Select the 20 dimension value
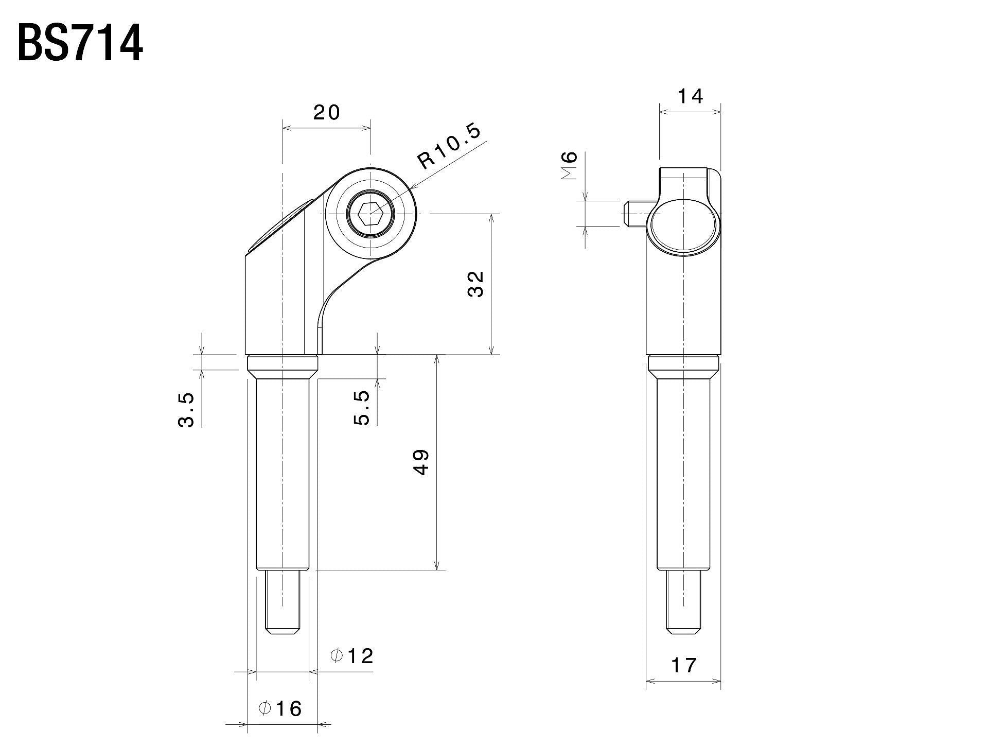tap(327, 112)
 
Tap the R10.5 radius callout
tap(449, 146)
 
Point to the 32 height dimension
tap(476, 284)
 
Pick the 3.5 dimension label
tap(186, 410)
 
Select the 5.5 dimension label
tap(362, 407)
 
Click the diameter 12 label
tap(351, 656)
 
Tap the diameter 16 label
tap(280, 709)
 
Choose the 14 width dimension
tap(690, 96)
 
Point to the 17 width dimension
tap(683, 666)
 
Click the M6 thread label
tap(569, 166)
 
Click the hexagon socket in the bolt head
tap(370, 213)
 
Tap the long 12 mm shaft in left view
tap(283, 474)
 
